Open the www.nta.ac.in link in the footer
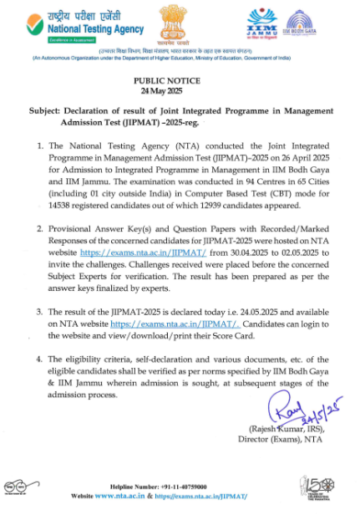click(x=124, y=496)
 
